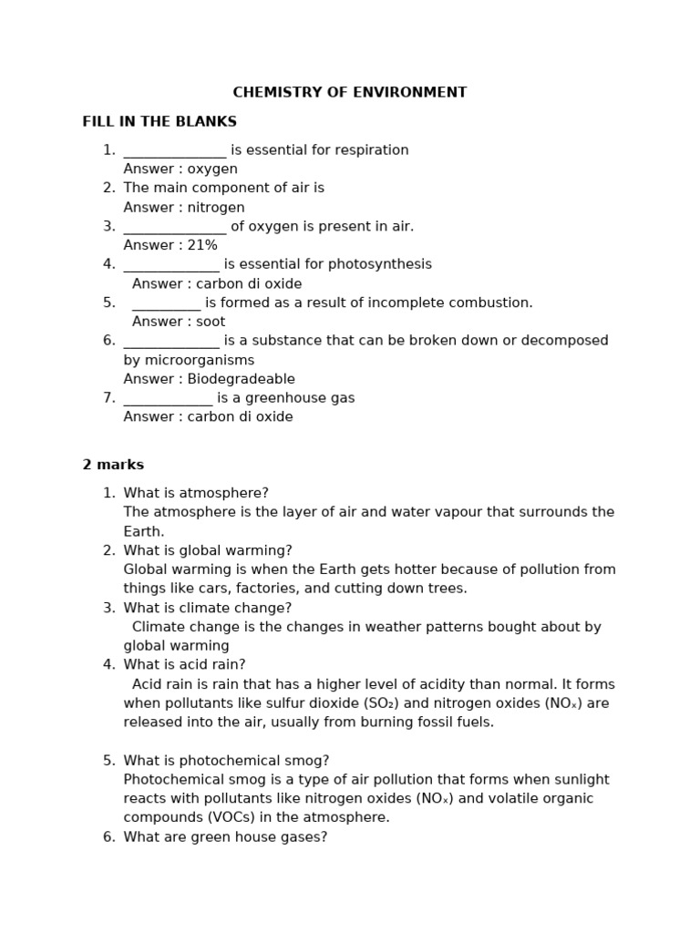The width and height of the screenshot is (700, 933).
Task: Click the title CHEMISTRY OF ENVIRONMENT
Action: (349, 93)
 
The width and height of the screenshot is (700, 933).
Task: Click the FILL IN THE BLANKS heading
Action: (160, 122)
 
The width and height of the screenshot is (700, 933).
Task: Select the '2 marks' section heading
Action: (113, 465)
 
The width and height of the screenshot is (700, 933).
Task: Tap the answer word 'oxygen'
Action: (212, 169)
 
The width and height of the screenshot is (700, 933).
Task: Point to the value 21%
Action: (202, 245)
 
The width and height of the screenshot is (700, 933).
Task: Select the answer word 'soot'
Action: (211, 322)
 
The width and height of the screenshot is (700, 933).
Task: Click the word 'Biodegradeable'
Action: (241, 379)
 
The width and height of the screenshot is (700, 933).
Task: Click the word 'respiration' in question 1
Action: (369, 150)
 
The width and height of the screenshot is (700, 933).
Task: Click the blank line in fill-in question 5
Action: (166, 303)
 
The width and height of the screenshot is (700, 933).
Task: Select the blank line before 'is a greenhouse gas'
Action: (168, 398)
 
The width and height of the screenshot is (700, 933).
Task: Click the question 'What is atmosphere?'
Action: (196, 493)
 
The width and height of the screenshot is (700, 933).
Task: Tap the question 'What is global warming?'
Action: (208, 550)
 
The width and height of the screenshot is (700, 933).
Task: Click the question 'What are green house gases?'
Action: (225, 836)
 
